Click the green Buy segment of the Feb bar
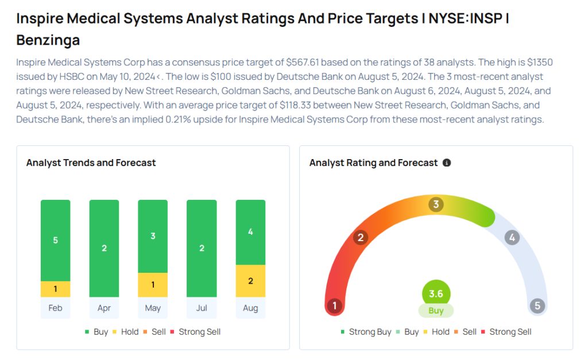[55, 240]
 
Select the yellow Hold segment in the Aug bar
[250, 281]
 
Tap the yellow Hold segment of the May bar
[153, 285]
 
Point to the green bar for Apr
[104, 248]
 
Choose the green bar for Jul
[202, 248]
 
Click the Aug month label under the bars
[250, 308]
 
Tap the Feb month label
[55, 308]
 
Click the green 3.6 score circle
[436, 294]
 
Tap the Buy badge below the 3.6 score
[436, 311]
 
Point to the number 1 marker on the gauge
[334, 305]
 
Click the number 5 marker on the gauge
[537, 305]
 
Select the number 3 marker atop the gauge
[436, 204]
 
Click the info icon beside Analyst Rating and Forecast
[447, 163]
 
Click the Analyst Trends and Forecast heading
[91, 163]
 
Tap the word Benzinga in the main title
[48, 40]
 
